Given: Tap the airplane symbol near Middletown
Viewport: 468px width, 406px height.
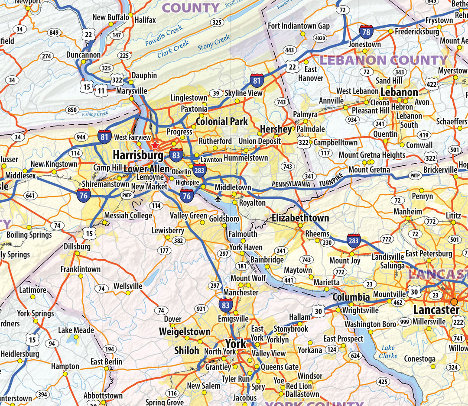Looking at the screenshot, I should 218,199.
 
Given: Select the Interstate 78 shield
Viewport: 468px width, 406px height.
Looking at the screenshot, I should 366,32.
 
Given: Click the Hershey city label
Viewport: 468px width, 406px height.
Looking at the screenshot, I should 276,129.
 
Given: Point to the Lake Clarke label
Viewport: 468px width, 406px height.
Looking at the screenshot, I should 388,351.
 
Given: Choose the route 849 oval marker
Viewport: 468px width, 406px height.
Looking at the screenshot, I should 54,32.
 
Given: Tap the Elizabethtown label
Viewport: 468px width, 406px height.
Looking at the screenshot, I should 300,218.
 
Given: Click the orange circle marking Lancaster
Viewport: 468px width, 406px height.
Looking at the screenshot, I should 454,301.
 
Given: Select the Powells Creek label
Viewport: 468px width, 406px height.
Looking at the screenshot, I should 164,36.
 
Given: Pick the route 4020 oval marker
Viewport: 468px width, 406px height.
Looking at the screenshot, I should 320,39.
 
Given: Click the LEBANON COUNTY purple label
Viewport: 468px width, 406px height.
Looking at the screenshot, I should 383,60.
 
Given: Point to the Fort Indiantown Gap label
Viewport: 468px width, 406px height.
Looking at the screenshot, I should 299,26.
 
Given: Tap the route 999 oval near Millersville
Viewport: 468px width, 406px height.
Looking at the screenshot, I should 405,322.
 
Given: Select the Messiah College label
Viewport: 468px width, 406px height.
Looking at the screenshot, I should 128,216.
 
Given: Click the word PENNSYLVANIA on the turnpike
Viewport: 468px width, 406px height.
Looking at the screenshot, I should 291,184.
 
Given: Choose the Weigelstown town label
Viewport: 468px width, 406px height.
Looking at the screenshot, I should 185,332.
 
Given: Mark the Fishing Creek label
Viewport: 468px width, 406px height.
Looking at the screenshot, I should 95,114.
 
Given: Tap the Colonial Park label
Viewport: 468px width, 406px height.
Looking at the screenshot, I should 222,122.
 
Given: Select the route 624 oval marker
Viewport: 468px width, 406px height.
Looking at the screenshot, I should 355,356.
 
